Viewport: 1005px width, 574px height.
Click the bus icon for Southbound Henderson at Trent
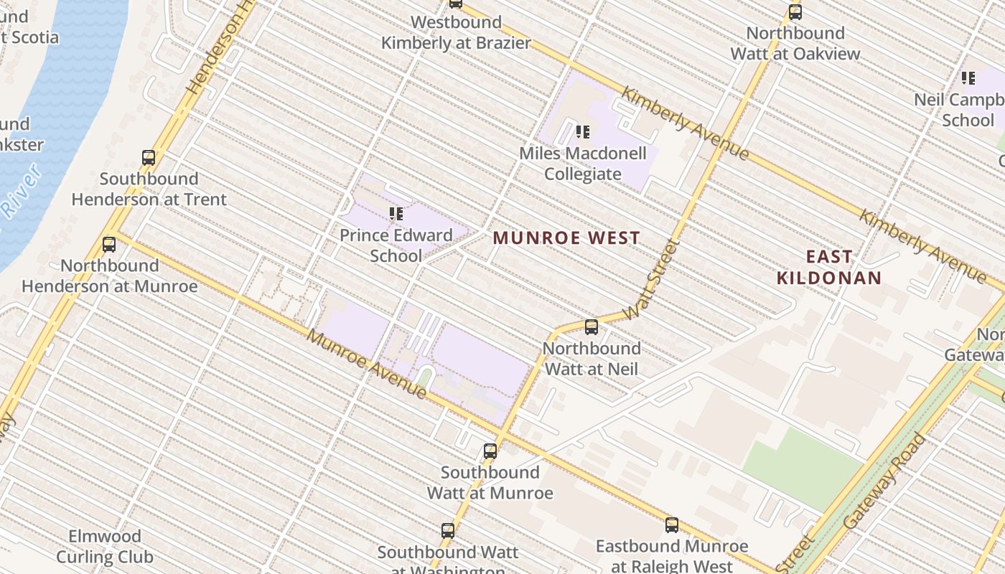[x=149, y=158]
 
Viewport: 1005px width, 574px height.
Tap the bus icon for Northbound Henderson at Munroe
[x=109, y=245]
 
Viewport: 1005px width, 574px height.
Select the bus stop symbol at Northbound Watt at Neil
[x=592, y=327]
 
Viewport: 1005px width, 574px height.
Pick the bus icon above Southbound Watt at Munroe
[x=490, y=451]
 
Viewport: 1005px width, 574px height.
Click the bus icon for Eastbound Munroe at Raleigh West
[x=672, y=525]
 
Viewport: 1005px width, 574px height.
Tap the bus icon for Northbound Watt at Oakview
[x=795, y=12]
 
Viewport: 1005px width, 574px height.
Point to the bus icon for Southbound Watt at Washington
[x=448, y=531]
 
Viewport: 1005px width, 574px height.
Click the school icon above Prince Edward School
[x=396, y=214]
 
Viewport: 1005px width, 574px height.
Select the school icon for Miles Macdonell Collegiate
[x=583, y=132]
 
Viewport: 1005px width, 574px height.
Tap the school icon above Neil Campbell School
[x=968, y=78]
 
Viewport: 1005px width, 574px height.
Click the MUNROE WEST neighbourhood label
[x=566, y=238]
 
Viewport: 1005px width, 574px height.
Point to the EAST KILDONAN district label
[x=829, y=267]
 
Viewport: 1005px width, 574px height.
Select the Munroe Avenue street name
[x=367, y=364]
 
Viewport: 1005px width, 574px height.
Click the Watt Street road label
[x=652, y=281]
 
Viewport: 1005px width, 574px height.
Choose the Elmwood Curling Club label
[x=105, y=546]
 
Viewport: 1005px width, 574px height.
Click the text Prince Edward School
[x=396, y=245]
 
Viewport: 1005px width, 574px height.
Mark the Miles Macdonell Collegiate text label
[x=582, y=164]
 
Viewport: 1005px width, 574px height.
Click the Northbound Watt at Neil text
[x=592, y=359]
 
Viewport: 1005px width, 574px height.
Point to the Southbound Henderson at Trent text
[x=149, y=189]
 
